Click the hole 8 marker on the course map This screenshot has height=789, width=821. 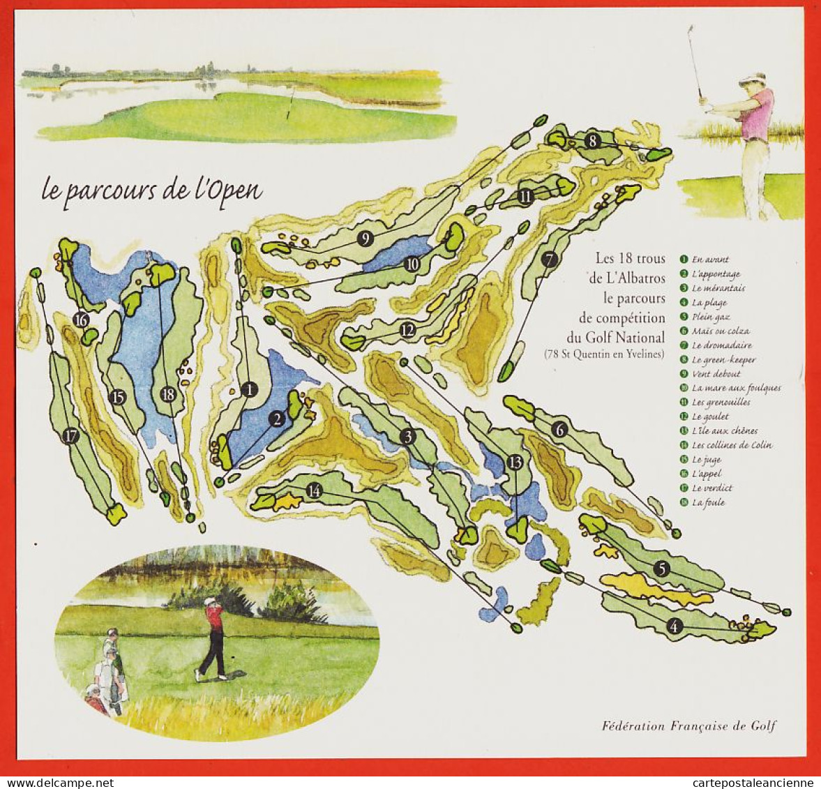(x=592, y=140)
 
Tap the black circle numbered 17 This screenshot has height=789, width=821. (x=70, y=437)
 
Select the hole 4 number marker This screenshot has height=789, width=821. (x=674, y=626)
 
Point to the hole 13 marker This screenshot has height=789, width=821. (x=515, y=462)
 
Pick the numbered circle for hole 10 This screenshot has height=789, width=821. (x=412, y=264)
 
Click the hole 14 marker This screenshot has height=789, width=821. (x=315, y=490)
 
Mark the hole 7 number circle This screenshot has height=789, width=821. (x=550, y=260)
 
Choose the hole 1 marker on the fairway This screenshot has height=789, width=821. (x=249, y=389)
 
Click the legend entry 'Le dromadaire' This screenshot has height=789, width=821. (x=722, y=345)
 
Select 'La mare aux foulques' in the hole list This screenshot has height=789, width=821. (x=736, y=388)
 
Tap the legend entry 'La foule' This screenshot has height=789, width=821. (x=708, y=502)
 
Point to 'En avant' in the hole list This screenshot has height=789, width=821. (x=710, y=260)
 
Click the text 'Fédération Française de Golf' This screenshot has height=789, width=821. (x=688, y=726)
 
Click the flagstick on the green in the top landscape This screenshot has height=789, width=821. (x=291, y=103)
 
